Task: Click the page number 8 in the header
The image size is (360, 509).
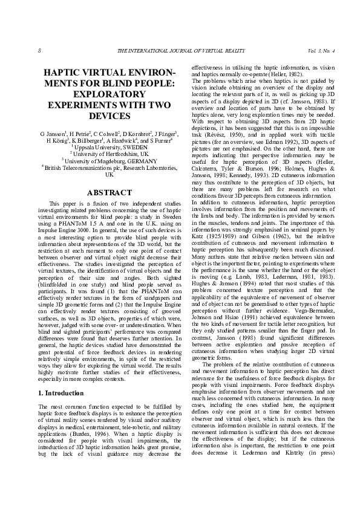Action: [39, 50]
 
